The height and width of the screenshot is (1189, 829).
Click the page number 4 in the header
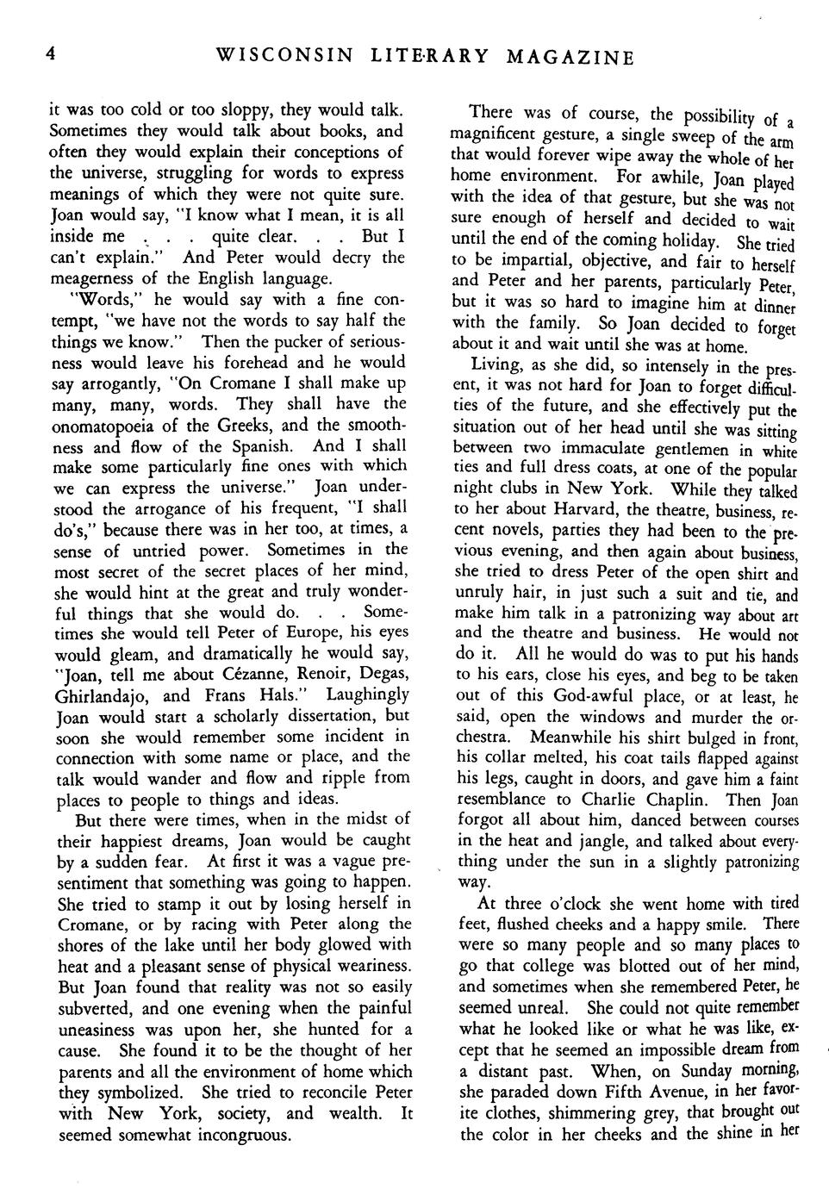click(51, 54)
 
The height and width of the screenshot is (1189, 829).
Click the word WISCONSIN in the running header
click(284, 57)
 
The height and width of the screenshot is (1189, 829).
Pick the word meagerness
click(97, 278)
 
